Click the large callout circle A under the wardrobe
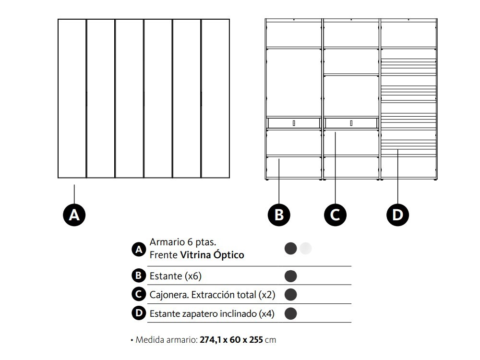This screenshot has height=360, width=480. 74,214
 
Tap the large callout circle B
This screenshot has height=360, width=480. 279,214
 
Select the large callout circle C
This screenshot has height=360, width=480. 335,214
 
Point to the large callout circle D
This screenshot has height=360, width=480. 398,214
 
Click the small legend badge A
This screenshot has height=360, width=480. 139,249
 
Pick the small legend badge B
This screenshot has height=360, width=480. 139,276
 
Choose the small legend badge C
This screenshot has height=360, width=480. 139,294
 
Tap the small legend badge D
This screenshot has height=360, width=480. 139,313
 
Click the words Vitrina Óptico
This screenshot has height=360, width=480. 212,255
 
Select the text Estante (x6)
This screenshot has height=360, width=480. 172,276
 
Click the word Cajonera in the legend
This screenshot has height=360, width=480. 168,294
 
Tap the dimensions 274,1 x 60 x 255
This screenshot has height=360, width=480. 231,340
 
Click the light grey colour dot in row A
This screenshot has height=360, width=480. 306,248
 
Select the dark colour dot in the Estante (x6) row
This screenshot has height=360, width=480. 291,276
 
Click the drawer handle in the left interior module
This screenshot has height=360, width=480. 294,123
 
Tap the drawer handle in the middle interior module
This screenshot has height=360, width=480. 351,123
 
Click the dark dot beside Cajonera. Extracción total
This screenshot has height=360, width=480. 291,294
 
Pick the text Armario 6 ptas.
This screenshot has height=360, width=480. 182,242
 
